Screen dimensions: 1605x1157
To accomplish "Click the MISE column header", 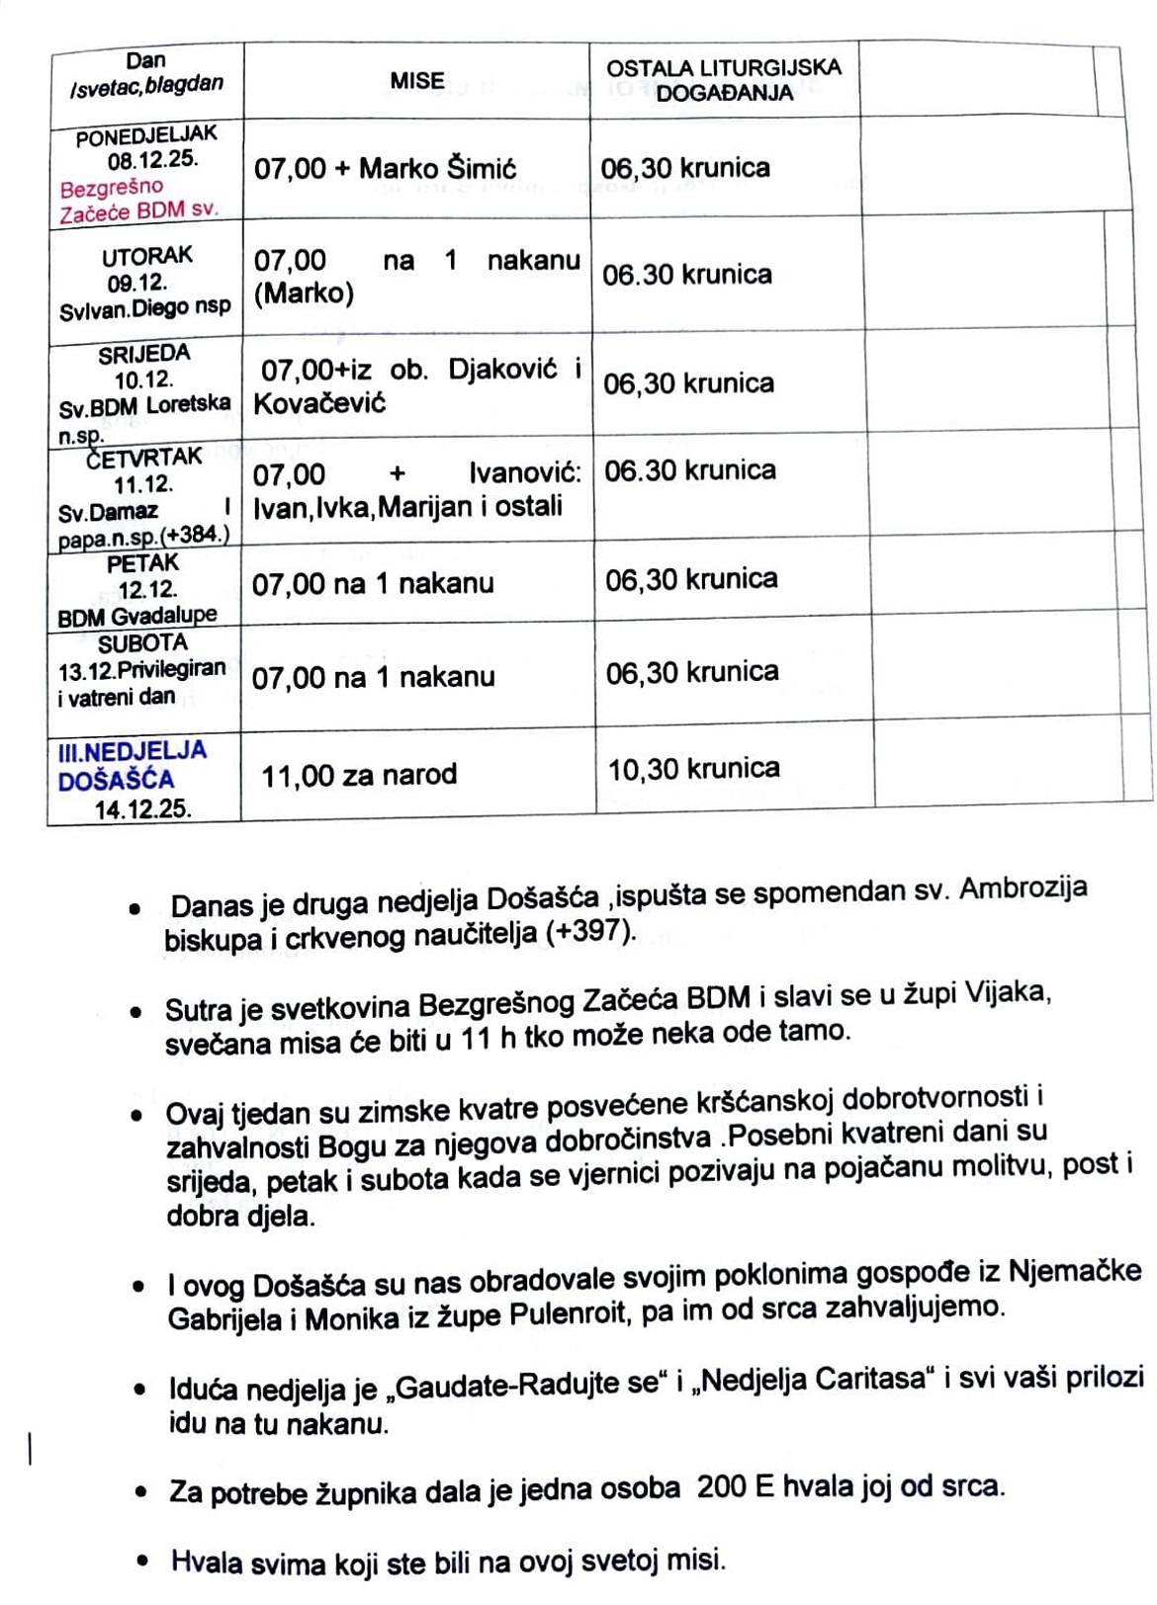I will pos(416,81).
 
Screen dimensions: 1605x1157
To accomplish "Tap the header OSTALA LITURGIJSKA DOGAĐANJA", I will pos(724,80).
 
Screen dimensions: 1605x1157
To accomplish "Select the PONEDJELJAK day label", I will pos(146,135).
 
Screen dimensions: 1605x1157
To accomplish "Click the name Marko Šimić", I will pos(437,168).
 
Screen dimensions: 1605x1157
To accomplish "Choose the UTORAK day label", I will pos(147,256).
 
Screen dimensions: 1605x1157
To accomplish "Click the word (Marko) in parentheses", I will pos(304,294).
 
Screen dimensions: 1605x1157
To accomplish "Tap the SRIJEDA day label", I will pos(144,354).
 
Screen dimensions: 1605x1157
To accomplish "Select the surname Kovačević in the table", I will pos(319,403).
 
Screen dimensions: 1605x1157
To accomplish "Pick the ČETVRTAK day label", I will pos(144,458).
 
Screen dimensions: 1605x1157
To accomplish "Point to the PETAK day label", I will pos(143,563).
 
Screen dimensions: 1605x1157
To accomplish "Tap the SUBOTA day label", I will pos(142,643).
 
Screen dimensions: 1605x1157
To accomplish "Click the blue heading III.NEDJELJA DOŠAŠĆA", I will pos(132,764).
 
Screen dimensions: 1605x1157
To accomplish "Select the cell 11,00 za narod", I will pos(359,775).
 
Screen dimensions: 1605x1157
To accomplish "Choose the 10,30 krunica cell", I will pos(693,769).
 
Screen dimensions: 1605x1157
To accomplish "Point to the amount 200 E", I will pos(736,1487).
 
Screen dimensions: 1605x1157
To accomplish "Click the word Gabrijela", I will pos(224,1318).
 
